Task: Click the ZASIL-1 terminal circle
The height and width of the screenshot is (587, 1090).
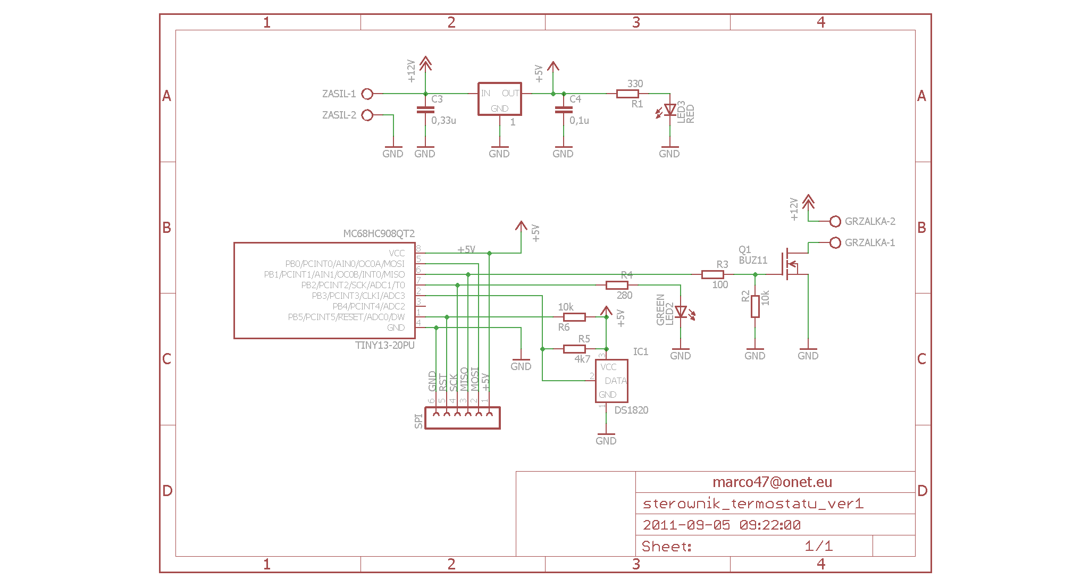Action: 367,94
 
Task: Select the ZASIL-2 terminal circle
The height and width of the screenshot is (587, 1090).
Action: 367,115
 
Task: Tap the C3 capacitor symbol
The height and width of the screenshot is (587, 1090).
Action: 425,110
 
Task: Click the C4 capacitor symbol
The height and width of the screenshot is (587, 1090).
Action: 564,110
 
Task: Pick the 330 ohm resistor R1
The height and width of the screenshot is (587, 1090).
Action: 627,94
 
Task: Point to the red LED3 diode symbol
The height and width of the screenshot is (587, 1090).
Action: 670,110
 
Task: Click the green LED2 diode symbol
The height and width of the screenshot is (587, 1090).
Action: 681,312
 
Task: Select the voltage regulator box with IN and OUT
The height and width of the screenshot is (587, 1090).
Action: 500,99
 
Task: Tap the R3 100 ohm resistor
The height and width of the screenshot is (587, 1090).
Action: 712,275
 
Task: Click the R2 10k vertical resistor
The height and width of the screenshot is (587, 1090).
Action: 755,307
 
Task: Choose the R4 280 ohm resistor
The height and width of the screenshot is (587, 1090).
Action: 617,286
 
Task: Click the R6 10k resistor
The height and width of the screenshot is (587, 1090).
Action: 574,317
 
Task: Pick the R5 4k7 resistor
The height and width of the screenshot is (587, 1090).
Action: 574,349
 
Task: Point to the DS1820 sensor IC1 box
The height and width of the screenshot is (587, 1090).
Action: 611,381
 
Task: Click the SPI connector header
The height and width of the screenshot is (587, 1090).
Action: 463,418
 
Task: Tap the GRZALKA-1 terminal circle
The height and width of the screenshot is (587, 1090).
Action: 835,243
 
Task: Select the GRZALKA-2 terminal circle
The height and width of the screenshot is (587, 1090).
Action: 835,222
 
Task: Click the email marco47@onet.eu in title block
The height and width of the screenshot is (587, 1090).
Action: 772,482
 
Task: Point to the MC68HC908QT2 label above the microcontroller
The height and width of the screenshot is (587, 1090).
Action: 379,234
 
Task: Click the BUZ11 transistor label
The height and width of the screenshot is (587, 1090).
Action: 753,261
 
